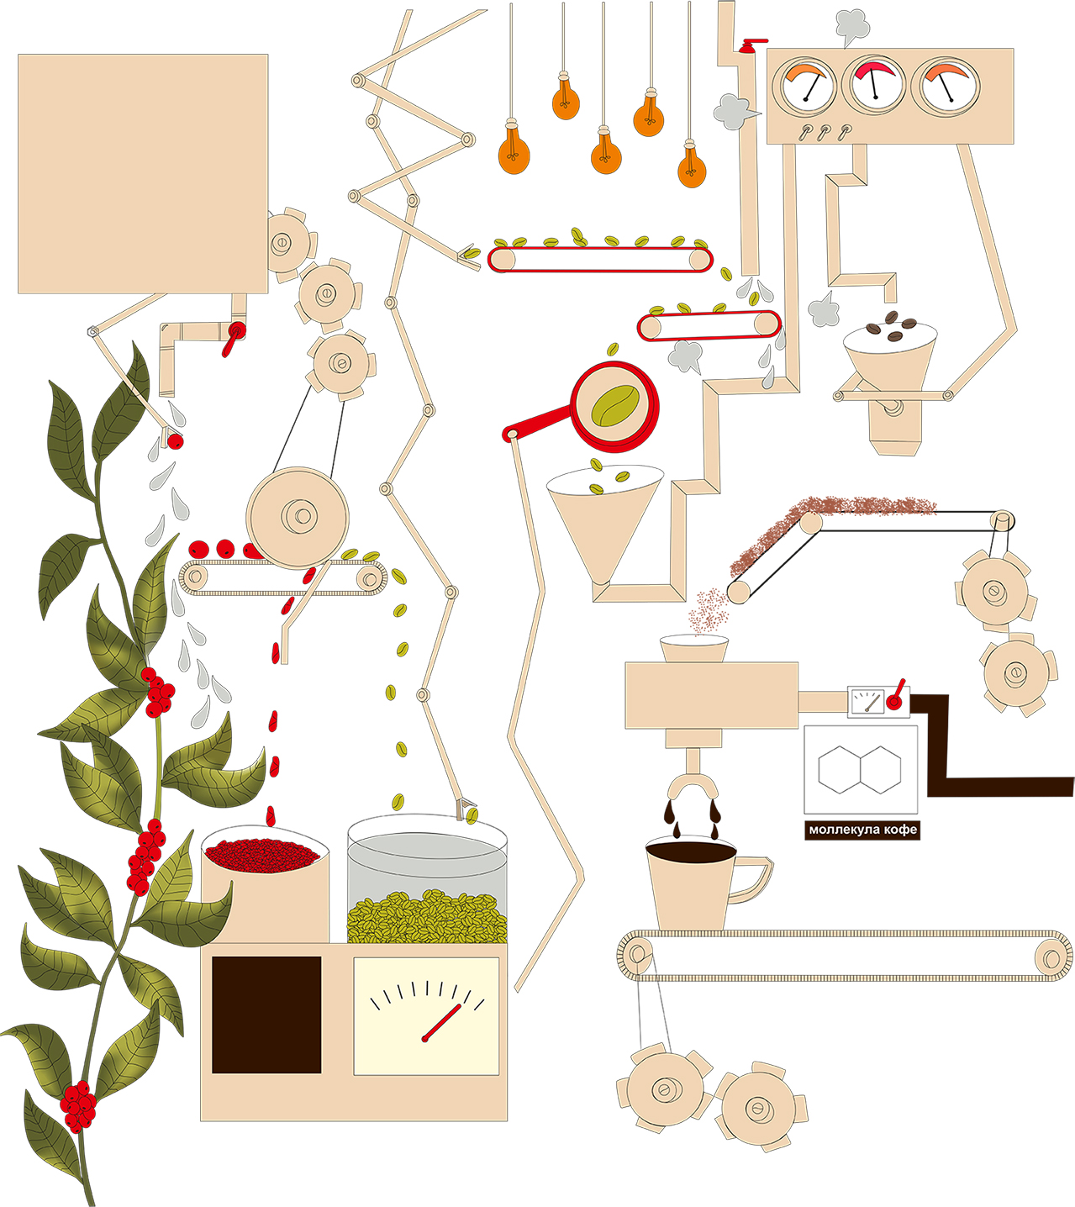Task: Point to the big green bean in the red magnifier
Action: [x=615, y=405]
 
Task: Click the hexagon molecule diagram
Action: [x=859, y=768]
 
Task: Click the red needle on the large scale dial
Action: [x=443, y=1021]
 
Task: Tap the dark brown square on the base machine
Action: [x=266, y=1015]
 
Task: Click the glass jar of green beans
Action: [x=427, y=883]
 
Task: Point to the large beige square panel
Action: [x=143, y=174]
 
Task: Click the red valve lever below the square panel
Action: [x=234, y=336]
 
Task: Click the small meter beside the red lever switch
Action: [x=867, y=701]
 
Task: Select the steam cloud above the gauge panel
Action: [x=851, y=26]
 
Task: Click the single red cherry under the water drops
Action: [x=175, y=441]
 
